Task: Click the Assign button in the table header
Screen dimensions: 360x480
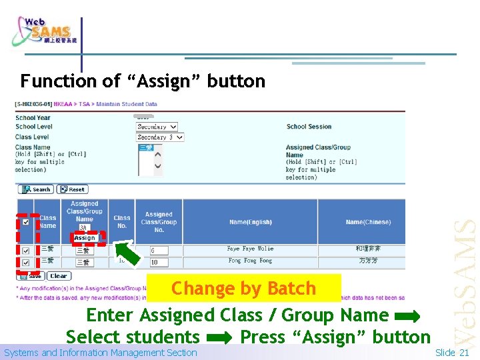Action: point(85,238)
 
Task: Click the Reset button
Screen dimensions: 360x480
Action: point(72,189)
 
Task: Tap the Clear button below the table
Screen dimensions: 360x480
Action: point(59,276)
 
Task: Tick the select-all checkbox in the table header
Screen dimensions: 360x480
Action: point(25,223)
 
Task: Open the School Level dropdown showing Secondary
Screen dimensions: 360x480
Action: point(157,127)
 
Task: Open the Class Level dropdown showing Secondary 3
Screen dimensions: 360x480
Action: point(160,137)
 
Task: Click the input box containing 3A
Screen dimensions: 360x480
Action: point(85,228)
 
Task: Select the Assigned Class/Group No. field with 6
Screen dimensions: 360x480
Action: point(159,251)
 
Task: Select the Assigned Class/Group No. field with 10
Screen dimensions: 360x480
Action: point(159,262)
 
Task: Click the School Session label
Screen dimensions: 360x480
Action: point(309,127)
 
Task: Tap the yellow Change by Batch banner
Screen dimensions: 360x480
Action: point(243,289)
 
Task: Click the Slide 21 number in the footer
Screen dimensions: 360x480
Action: point(453,353)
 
